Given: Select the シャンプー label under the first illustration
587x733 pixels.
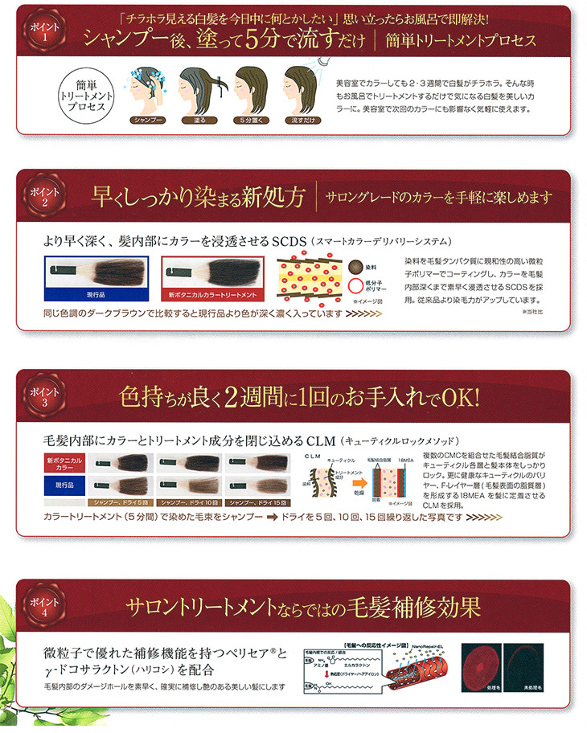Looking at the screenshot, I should (x=150, y=120).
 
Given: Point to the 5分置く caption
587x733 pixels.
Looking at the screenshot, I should (x=252, y=120).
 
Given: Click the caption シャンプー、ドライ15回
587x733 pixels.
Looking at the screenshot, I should (x=257, y=502).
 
